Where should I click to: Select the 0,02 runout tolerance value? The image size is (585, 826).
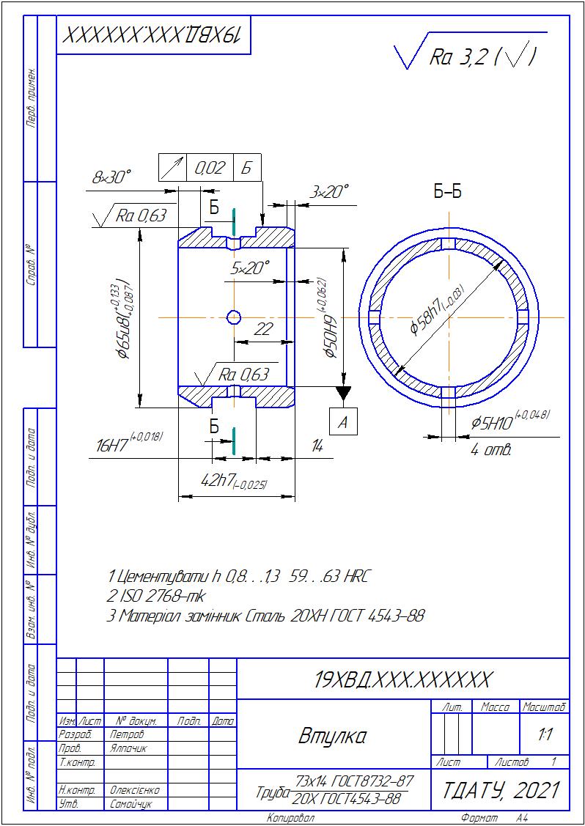coord(210,168)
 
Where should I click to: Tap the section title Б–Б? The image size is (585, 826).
coord(447,192)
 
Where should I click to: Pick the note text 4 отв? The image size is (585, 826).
coord(491,449)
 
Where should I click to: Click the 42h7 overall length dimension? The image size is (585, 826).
coord(228,481)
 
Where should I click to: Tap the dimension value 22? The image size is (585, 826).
coord(262,330)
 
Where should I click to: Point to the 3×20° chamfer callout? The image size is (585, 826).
coord(328,192)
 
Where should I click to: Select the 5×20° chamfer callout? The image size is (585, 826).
coord(250,268)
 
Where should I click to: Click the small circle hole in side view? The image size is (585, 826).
coord(234,317)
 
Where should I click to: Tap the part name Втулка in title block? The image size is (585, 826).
coord(332,735)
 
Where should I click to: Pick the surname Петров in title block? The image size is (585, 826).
coord(128,734)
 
